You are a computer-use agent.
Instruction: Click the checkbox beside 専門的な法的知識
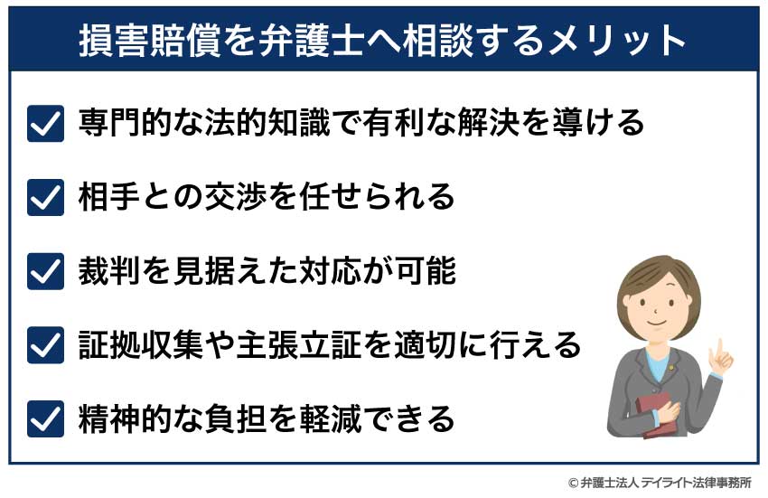click(x=45, y=122)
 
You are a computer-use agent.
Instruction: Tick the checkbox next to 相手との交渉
click(x=45, y=196)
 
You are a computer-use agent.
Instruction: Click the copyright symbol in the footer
click(x=572, y=483)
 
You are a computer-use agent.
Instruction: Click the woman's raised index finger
click(x=718, y=348)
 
